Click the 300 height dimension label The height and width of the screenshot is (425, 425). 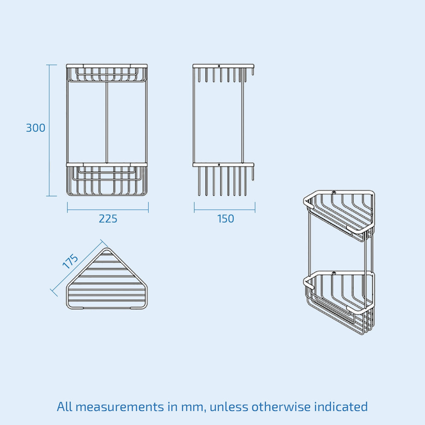[x=36, y=128]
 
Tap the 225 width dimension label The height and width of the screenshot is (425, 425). [x=108, y=219]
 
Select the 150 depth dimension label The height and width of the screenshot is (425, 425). [x=225, y=219]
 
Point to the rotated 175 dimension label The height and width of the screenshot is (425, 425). [x=70, y=261]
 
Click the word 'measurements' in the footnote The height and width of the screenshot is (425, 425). [x=120, y=407]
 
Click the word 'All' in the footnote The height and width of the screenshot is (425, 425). [x=64, y=407]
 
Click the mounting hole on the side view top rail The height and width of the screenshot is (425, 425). [x=219, y=66]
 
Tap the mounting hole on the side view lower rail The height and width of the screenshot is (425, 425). [x=219, y=164]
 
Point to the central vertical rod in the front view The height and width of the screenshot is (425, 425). [x=107, y=122]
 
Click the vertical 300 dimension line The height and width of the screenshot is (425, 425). [x=49, y=130]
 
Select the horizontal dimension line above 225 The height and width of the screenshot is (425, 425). [x=108, y=210]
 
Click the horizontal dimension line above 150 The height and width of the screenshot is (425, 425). [x=225, y=210]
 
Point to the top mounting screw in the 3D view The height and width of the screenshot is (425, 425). [x=334, y=193]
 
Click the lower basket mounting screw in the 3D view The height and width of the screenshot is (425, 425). [x=334, y=273]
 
